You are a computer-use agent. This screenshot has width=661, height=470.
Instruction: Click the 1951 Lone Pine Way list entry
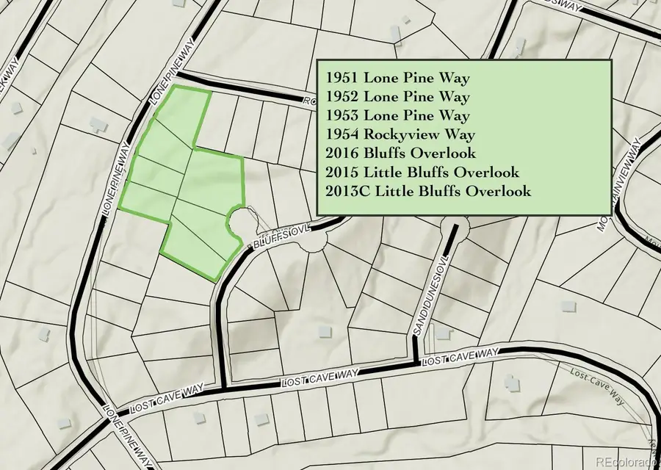click(397, 77)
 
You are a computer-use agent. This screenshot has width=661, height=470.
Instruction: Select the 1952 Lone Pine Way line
click(397, 96)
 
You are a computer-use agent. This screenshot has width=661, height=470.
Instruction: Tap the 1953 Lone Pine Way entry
click(397, 115)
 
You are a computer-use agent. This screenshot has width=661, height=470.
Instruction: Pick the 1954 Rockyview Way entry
click(400, 134)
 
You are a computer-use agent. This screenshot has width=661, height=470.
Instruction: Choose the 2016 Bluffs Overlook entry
click(400, 153)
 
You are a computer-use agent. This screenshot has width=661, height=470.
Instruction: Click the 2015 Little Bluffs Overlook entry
click(422, 173)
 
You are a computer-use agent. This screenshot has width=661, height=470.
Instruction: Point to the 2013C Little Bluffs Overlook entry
click(427, 192)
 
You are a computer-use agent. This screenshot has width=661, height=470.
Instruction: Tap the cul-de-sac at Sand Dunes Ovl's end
click(453, 228)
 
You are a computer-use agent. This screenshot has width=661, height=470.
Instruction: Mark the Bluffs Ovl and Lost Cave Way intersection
click(222, 388)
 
